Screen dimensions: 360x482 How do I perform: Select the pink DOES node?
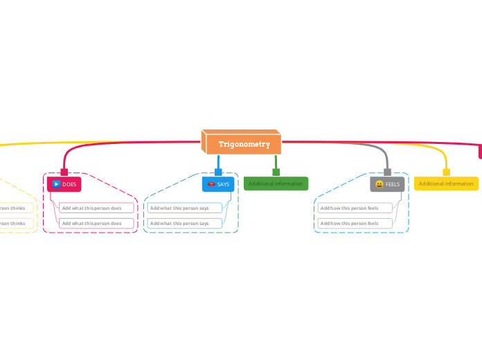(64, 184)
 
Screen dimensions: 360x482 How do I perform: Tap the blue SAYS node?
(219, 184)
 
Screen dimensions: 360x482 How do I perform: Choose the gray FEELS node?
(387, 184)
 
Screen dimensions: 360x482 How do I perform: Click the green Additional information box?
(276, 183)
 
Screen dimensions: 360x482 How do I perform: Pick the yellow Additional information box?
(446, 183)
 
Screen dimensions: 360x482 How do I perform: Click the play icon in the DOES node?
(56, 184)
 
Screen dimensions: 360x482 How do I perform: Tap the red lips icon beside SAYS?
(211, 184)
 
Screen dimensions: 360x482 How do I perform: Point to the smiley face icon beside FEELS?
(380, 184)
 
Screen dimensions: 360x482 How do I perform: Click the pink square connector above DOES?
(64, 172)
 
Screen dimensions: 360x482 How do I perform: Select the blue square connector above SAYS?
(218, 172)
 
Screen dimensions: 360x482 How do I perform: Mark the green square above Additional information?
(276, 172)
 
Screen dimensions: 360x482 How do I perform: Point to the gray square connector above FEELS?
(387, 172)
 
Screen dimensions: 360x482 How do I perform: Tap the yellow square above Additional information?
(446, 172)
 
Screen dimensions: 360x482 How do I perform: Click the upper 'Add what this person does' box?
(96, 208)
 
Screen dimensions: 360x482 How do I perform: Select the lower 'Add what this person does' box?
(96, 223)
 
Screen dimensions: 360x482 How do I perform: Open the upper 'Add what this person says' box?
(184, 208)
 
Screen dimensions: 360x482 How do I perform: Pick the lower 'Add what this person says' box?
(184, 223)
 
